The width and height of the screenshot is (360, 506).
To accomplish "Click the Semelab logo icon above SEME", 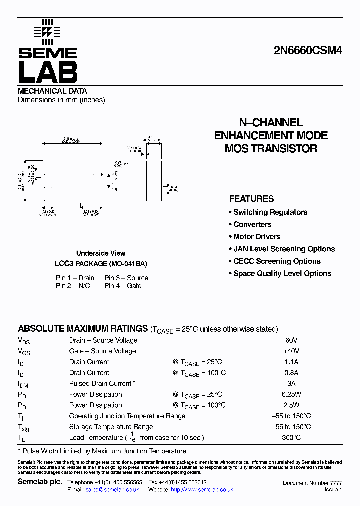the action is tap(47, 31).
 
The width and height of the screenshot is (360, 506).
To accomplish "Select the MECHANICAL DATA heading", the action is tap(52, 91).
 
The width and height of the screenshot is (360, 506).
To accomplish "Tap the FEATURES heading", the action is tap(251, 199).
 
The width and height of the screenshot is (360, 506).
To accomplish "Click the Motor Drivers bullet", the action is tap(257, 237).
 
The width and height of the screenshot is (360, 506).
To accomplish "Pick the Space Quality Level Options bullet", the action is tap(282, 274).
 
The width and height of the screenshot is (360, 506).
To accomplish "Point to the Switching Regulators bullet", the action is tap(270, 212).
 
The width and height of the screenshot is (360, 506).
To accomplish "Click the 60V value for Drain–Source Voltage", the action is tap(292, 340).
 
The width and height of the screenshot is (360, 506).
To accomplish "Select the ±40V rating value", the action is tap(292, 351).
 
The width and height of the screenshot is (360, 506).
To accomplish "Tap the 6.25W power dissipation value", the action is tap(292, 394).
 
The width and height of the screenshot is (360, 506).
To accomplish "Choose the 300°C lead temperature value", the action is tap(292, 438).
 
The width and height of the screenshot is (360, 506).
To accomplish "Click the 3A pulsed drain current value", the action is tap(292, 383).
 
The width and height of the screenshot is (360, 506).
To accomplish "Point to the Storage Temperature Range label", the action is tap(111, 427).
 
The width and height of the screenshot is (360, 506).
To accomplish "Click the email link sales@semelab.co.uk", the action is tap(112, 490).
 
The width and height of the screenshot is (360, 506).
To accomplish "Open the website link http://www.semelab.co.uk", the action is tap(202, 490).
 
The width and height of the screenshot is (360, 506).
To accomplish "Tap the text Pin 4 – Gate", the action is tap(123, 286).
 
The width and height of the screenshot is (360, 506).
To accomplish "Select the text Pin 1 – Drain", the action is tap(75, 278).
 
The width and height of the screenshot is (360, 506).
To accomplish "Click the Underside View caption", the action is tap(101, 253).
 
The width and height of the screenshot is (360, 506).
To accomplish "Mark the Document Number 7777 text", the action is tap(312, 483).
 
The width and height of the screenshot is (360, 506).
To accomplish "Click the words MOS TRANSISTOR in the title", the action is tap(271, 148).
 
